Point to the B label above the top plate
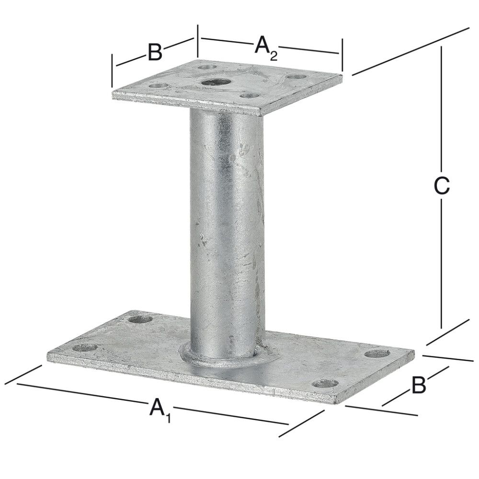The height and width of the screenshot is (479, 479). (155, 52)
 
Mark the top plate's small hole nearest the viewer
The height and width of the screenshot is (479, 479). (248, 96)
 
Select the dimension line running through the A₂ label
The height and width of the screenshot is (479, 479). (307, 50)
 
